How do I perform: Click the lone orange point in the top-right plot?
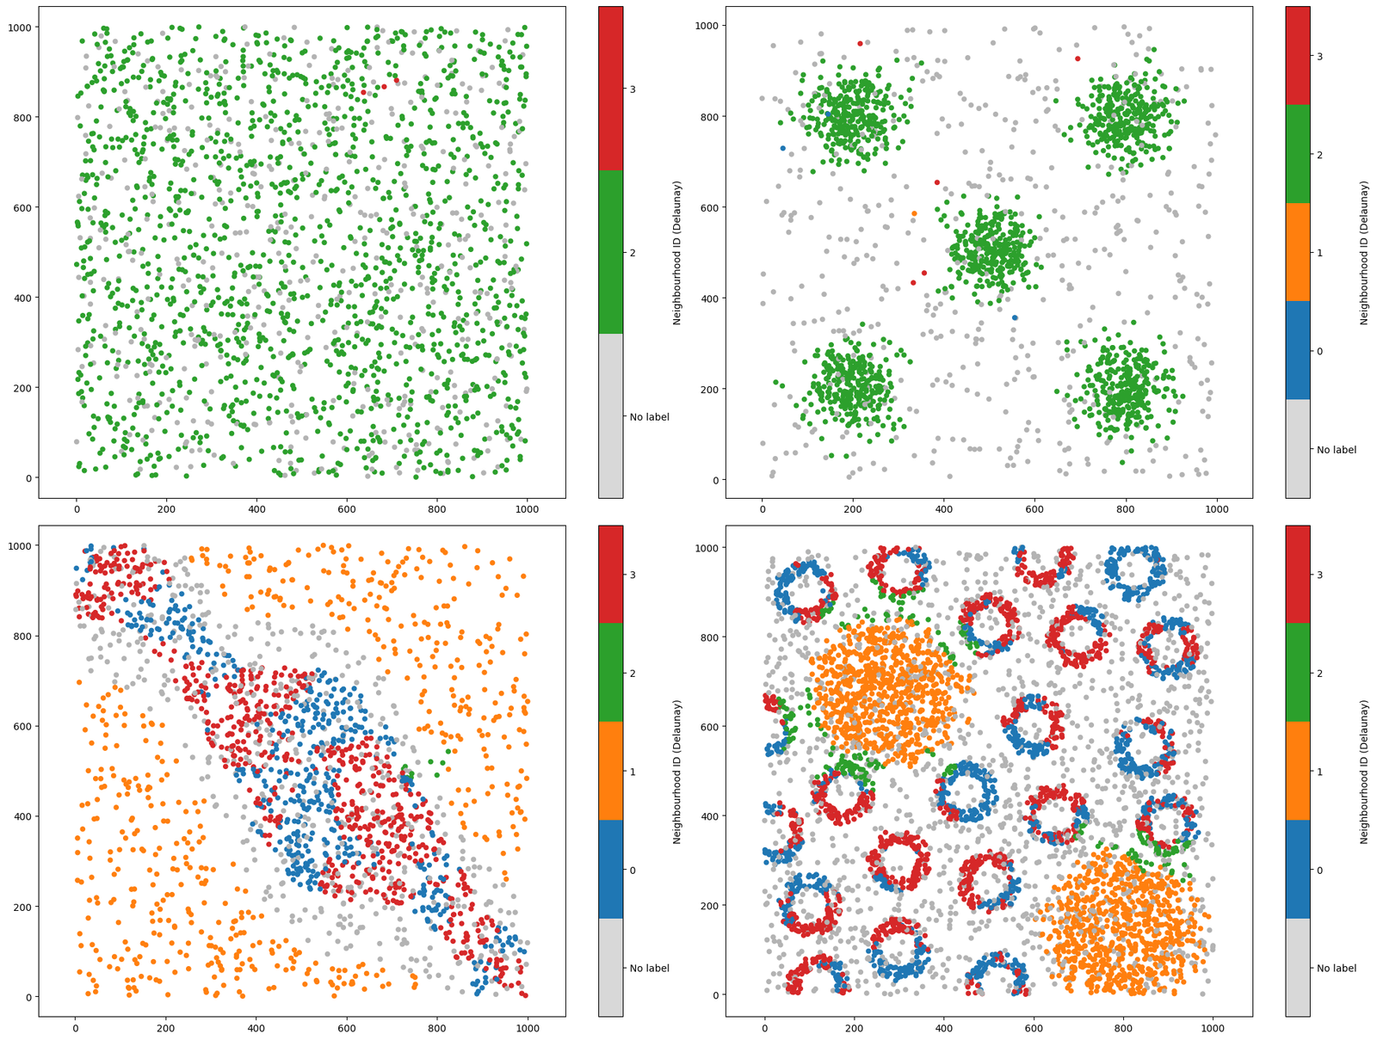914,213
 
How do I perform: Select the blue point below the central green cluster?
1015,318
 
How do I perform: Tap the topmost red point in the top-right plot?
860,43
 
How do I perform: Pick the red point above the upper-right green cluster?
1078,58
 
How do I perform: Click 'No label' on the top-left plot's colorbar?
649,417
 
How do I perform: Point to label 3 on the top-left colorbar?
633,89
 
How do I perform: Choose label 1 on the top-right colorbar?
1319,253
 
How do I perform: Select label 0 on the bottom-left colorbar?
633,871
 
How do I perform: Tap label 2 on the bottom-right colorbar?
1319,673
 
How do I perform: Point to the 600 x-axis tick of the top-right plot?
1034,510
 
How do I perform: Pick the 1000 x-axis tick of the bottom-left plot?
528,1028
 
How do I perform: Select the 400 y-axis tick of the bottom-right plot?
709,815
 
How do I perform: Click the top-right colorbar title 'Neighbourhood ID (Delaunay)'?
1364,252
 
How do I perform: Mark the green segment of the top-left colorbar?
610,252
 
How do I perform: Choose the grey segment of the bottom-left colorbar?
610,968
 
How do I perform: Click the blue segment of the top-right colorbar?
1297,350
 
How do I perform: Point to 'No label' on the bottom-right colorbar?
1336,968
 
